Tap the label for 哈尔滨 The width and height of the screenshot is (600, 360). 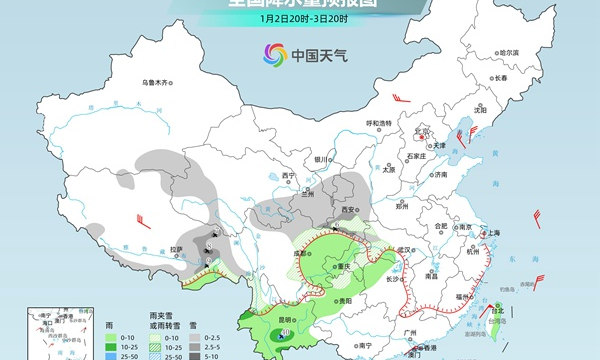tap(510, 53)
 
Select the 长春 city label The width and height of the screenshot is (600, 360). tap(500, 77)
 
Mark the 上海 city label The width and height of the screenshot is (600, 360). tap(490, 232)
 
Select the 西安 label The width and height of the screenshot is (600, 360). tap(349, 210)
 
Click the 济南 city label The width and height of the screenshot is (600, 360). tap(440, 174)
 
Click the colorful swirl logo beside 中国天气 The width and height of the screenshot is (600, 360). tap(274, 55)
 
